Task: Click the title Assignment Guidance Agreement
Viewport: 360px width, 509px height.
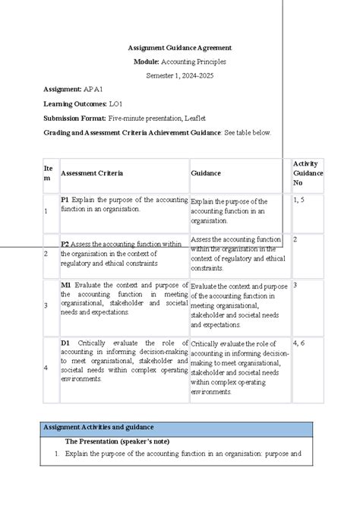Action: pos(179,47)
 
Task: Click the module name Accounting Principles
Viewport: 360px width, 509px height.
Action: pos(201,61)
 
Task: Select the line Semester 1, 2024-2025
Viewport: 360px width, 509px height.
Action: pos(179,75)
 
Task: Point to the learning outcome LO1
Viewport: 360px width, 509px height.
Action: pos(115,103)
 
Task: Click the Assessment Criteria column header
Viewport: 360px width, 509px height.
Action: pos(92,173)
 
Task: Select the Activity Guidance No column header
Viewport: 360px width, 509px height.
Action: pos(308,173)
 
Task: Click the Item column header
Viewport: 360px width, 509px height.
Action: pos(49,173)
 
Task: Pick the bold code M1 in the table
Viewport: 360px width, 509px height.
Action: pos(66,286)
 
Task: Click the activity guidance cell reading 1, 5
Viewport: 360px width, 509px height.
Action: pos(300,200)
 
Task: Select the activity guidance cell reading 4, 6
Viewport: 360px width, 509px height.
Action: pos(300,343)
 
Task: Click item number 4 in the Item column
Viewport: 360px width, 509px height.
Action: pos(46,368)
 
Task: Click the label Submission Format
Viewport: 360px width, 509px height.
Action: pos(75,118)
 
